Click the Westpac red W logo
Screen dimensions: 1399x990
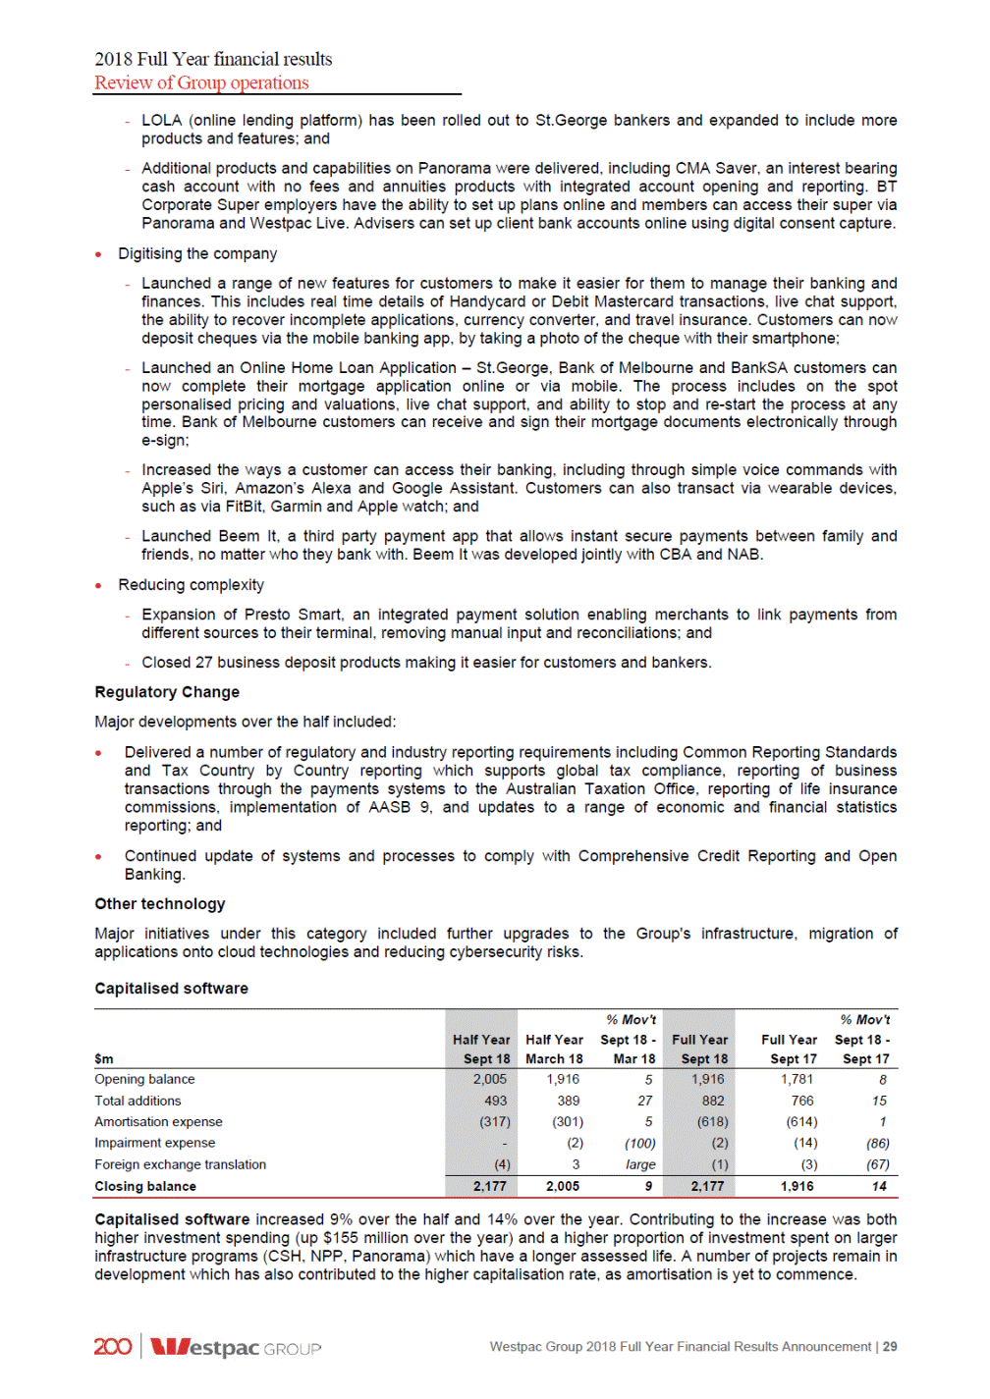tap(169, 1347)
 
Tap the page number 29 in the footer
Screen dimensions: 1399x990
tap(889, 1347)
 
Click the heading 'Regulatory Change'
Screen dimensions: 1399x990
tap(167, 692)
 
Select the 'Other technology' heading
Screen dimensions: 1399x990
tap(160, 904)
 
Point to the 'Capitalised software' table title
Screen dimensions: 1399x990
tap(171, 989)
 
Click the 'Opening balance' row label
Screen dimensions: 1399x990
tap(144, 1079)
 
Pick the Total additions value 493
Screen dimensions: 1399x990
tap(495, 1101)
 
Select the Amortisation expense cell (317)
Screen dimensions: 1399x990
tap(494, 1122)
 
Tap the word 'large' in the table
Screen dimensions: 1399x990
tap(640, 1164)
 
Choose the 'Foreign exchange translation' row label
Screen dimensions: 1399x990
tap(180, 1164)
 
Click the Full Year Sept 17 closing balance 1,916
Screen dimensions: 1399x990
tap(797, 1186)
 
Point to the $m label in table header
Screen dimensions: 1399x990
tap(104, 1059)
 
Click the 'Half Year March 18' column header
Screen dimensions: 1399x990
tap(554, 1049)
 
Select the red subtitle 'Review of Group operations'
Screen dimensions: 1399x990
tap(201, 83)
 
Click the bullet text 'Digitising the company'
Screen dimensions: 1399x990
tap(197, 254)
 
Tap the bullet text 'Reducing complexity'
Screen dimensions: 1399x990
tap(191, 585)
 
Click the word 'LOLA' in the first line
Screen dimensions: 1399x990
tap(162, 121)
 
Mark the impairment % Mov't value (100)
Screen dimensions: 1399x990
tap(640, 1144)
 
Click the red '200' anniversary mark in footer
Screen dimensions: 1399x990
tap(113, 1347)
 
